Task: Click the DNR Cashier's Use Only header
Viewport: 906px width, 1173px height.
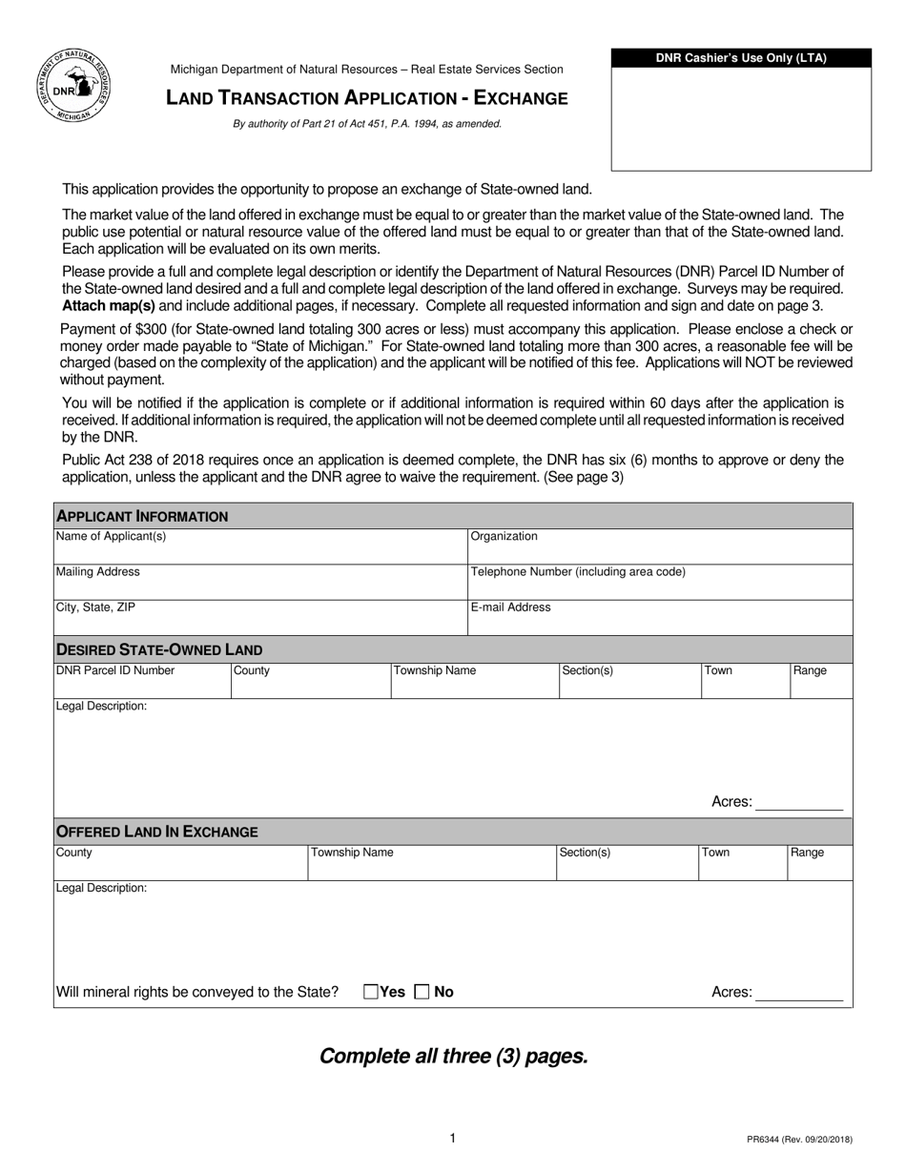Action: tap(741, 58)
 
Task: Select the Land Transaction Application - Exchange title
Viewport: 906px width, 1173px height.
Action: tap(367, 98)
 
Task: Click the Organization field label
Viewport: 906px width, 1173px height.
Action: tap(504, 537)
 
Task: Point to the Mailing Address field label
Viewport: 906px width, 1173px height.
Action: tap(98, 572)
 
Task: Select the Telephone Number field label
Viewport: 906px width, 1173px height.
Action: tap(578, 572)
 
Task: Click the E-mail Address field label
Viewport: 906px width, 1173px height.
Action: tap(510, 607)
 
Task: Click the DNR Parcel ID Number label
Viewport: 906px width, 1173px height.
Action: tap(115, 670)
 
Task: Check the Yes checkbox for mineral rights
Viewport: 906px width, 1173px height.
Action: tap(371, 992)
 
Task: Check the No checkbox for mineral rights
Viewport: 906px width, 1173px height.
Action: tap(422, 992)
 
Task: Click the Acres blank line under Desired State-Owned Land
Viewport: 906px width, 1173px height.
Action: tap(799, 803)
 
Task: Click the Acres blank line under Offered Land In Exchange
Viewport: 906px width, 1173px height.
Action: tap(799, 994)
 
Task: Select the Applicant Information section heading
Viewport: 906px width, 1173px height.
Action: tap(142, 516)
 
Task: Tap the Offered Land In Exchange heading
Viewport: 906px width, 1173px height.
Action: tap(157, 832)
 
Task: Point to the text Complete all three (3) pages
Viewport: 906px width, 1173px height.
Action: tap(453, 1056)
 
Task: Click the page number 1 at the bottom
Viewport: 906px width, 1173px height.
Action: tap(453, 1138)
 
